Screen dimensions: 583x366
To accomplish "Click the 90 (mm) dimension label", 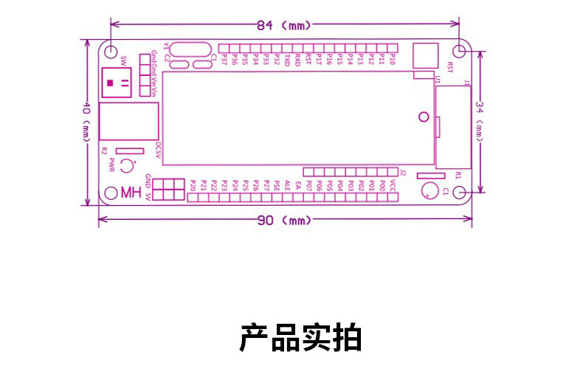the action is [284, 221].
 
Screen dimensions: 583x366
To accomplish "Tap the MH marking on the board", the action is [130, 193].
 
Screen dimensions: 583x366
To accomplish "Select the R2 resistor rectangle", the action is [130, 150].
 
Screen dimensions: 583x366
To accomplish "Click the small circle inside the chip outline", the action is [423, 116].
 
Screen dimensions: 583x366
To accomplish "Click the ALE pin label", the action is [287, 183].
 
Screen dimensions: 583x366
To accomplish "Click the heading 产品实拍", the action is [300, 338].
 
